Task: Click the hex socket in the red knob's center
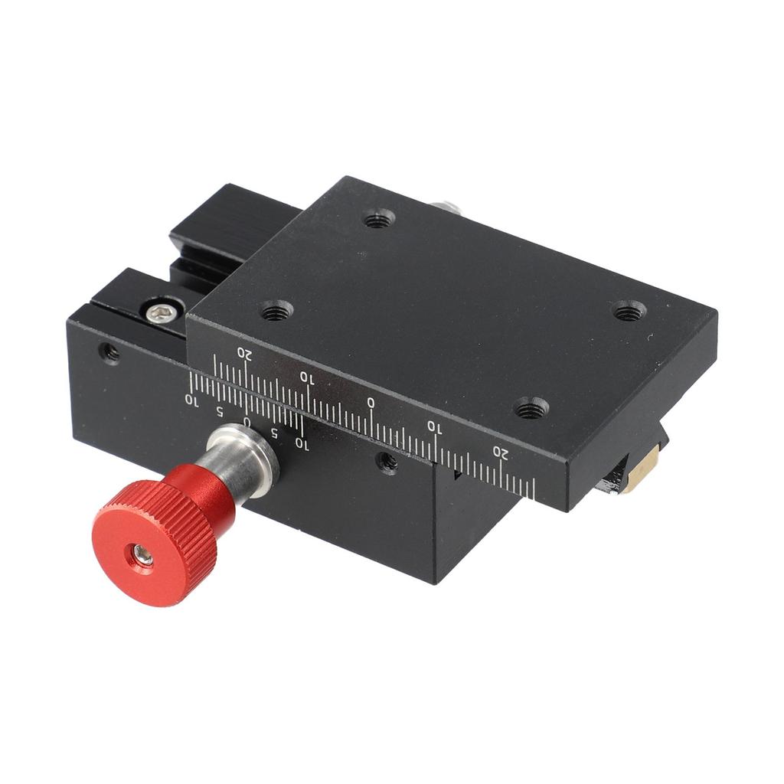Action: coord(144,555)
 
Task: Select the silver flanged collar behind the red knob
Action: coord(244,458)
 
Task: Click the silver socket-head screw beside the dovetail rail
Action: coord(163,312)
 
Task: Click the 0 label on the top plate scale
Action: coord(371,403)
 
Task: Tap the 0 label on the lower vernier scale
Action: coord(246,422)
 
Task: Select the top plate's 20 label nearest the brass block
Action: coord(501,453)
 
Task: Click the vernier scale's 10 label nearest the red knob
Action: coord(302,443)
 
